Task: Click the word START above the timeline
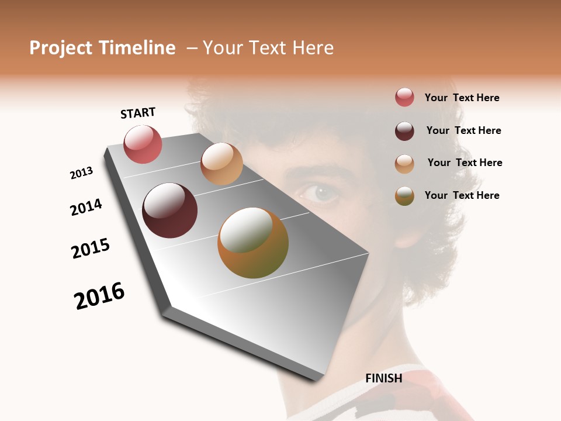pos(138,113)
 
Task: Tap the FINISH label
pos(383,378)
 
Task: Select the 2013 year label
pos(81,173)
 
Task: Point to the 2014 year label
pos(86,207)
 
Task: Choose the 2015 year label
pos(91,248)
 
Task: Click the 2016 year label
pos(99,296)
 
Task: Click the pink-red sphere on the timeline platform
pos(143,144)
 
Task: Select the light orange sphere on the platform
pos(221,164)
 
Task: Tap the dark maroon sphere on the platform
pos(169,210)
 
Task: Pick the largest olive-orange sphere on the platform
pos(253,243)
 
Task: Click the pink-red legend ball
pos(404,98)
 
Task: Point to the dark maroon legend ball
pos(404,131)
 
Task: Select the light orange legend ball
pos(404,164)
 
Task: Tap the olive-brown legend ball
pos(404,196)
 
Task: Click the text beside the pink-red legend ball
pos(462,98)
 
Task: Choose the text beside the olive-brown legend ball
pos(462,195)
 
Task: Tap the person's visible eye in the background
pos(320,192)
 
